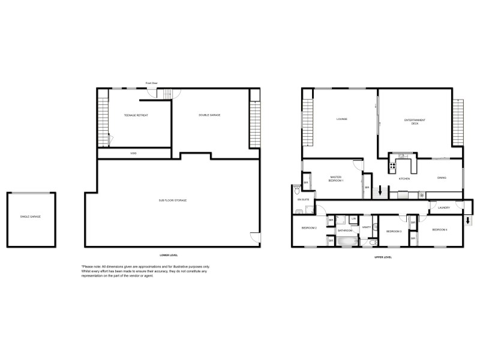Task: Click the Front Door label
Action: pyautogui.click(x=151, y=83)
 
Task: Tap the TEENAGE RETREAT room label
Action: pyautogui.click(x=136, y=115)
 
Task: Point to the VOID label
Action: pyautogui.click(x=133, y=154)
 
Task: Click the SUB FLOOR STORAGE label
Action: pyautogui.click(x=172, y=200)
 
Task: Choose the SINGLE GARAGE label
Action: pyautogui.click(x=31, y=216)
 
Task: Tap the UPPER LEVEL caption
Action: pyautogui.click(x=383, y=257)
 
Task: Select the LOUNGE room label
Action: pyautogui.click(x=341, y=119)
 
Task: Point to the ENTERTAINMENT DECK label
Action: pyautogui.click(x=415, y=121)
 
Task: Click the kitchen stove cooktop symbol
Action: pyautogui.click(x=393, y=166)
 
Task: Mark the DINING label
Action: pyautogui.click(x=442, y=178)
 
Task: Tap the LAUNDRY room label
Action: pyautogui.click(x=444, y=208)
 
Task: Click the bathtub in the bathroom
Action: pyautogui.click(x=346, y=241)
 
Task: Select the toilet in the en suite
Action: pyautogui.click(x=298, y=191)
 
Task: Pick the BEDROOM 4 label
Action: pyautogui.click(x=441, y=230)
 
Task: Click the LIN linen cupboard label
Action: pyautogui.click(x=354, y=218)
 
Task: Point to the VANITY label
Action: pyautogui.click(x=366, y=228)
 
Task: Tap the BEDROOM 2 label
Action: pyautogui.click(x=309, y=228)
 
